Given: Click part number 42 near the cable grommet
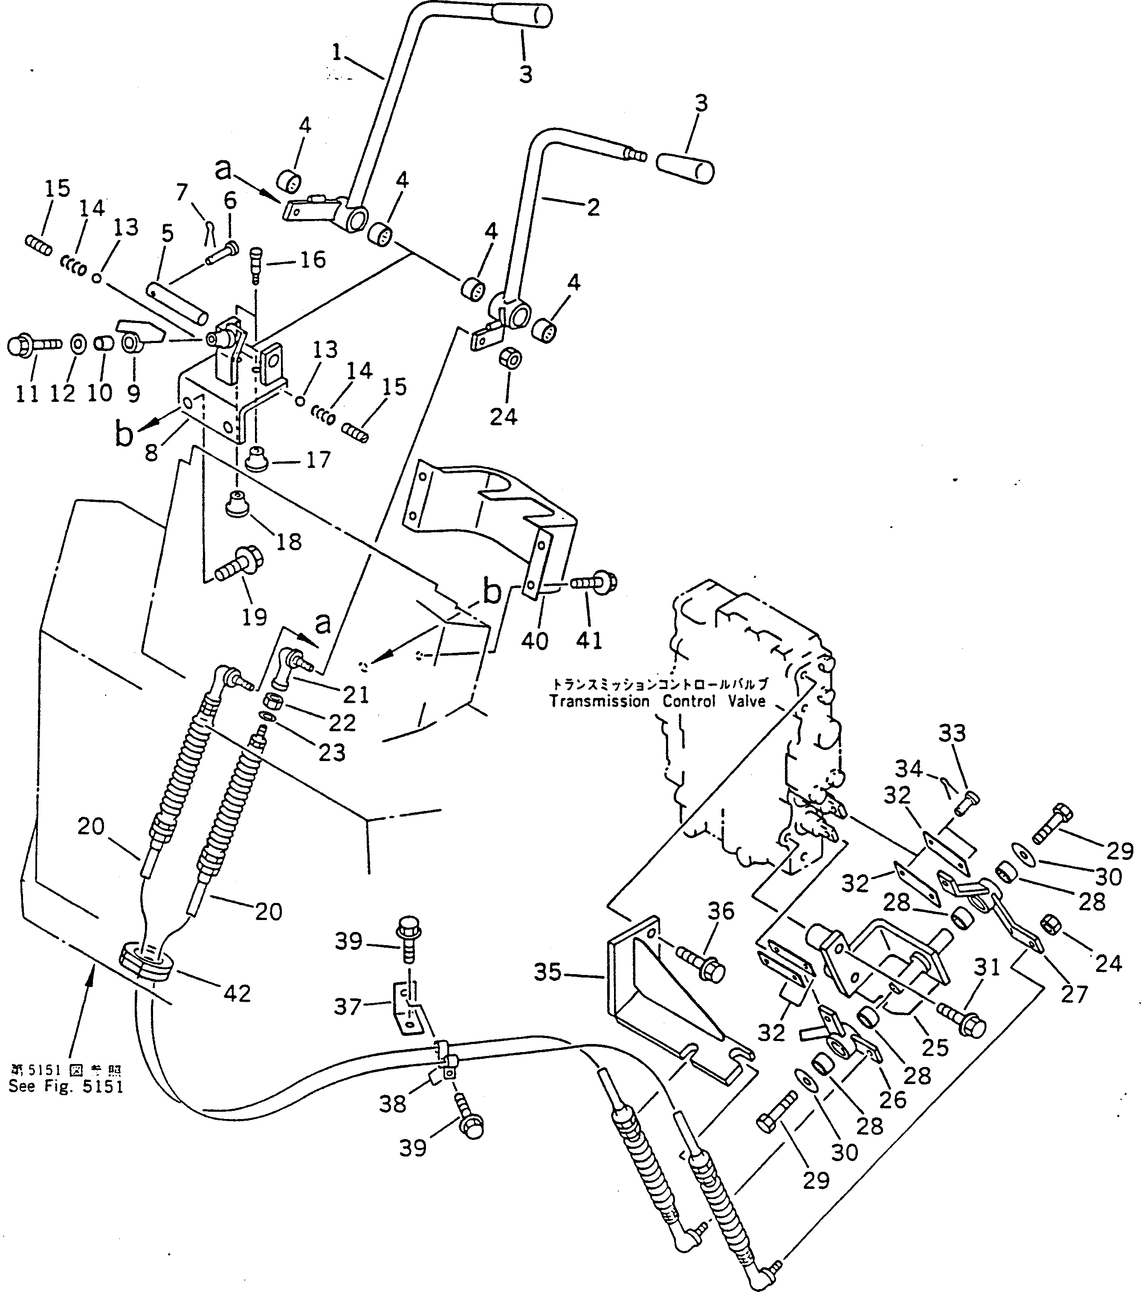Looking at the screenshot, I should [x=237, y=994].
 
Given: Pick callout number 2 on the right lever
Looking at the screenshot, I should [x=593, y=208].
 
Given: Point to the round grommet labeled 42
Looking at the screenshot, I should [x=147, y=969].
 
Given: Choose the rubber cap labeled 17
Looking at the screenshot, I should [x=258, y=458].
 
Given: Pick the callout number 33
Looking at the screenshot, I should [x=952, y=733].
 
